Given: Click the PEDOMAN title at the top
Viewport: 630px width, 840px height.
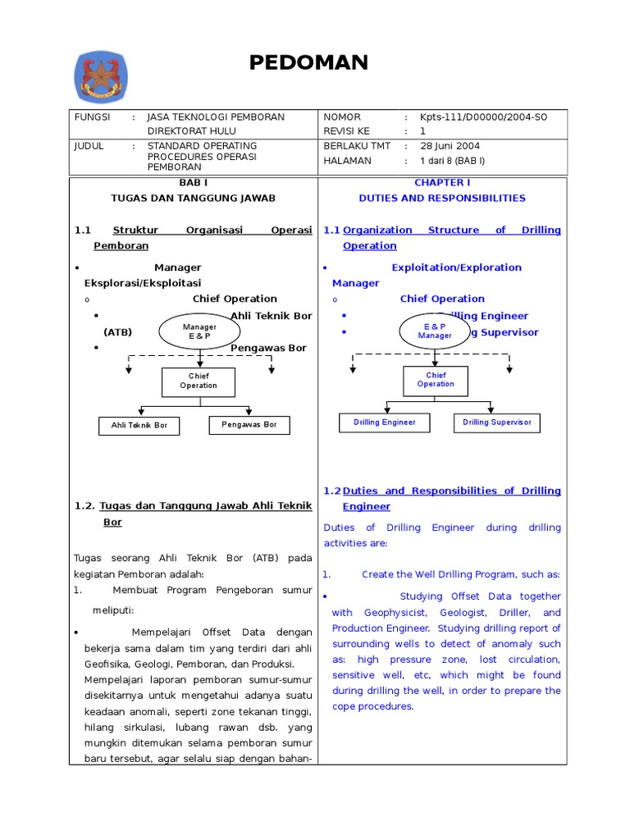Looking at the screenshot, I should tap(308, 62).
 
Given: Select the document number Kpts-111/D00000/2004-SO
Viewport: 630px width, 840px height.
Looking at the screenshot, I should tap(483, 117).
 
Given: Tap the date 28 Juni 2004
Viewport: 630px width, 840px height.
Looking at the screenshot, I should tap(450, 146).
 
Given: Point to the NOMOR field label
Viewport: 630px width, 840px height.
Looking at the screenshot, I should tap(342, 117).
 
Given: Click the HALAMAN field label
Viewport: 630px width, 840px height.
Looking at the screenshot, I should tap(347, 161).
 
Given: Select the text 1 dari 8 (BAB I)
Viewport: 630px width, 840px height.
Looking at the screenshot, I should tap(452, 161).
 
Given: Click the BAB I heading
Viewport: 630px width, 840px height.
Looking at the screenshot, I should tap(194, 183).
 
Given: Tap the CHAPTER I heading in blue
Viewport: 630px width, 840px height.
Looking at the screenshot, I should tap(442, 183).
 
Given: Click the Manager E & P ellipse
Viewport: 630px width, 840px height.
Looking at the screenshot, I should tap(199, 331).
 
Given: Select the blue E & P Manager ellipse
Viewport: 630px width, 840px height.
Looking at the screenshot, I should tap(435, 331).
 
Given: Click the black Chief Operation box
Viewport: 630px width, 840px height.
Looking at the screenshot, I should tap(199, 381).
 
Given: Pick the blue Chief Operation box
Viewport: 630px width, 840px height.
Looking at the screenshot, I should tap(436, 380).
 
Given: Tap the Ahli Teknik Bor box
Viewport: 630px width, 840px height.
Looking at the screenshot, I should tap(139, 426).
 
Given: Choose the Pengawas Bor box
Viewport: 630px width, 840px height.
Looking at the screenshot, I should tap(249, 425).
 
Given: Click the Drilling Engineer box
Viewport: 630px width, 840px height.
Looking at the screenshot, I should tap(385, 422).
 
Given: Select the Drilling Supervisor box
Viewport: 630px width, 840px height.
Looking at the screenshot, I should tap(497, 422).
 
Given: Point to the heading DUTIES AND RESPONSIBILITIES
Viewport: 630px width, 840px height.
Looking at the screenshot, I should tap(442, 199).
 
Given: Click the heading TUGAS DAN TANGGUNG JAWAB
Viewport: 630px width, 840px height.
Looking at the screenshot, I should tap(194, 199).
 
